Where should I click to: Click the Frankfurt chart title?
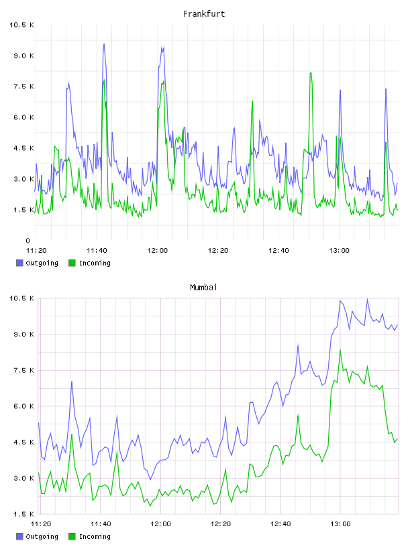click(x=204, y=14)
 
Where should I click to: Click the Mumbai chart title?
click(x=203, y=288)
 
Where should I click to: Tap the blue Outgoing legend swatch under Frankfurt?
click(x=19, y=263)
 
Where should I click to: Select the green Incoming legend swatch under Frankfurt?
click(x=72, y=263)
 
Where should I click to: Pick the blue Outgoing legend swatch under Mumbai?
click(x=19, y=536)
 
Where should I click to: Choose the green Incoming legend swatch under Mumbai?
click(x=72, y=536)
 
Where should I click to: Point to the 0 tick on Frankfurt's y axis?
click(x=28, y=241)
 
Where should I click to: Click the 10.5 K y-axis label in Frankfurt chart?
click(x=21, y=25)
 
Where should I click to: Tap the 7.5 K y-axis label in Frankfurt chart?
click(x=23, y=86)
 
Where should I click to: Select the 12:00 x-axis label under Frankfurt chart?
click(x=158, y=251)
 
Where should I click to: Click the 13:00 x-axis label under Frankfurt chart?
click(x=339, y=251)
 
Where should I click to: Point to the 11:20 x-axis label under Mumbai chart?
click(x=41, y=524)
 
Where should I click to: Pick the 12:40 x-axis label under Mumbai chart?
click(x=280, y=524)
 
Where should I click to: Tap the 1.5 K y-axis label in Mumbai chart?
click(x=23, y=514)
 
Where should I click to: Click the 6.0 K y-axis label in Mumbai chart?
click(x=23, y=406)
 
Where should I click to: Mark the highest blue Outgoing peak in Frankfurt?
click(x=104, y=44)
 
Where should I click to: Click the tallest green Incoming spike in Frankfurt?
click(x=311, y=73)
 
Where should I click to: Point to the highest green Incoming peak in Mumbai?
click(x=340, y=349)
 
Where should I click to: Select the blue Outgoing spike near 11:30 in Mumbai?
click(x=72, y=382)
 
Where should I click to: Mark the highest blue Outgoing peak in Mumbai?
click(x=367, y=299)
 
